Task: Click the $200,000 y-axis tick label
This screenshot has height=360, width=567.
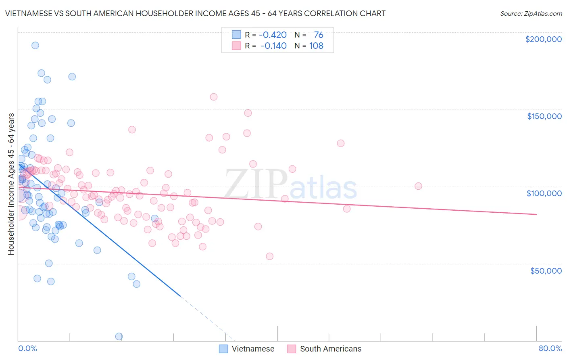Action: pos(543,39)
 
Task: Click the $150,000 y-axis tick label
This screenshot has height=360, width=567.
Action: pos(544,116)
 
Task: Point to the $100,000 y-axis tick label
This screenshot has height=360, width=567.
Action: pos(544,193)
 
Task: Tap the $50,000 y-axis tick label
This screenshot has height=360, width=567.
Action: pos(546,271)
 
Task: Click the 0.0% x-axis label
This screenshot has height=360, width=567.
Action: pos(27,349)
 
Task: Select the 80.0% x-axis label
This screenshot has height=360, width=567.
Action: pos(550,349)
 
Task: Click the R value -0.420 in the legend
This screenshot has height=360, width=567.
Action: pos(273,35)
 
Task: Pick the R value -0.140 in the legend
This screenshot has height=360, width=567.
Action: pos(273,46)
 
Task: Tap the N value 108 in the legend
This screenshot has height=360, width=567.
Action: pos(316,46)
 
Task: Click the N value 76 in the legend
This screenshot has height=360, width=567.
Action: pos(319,35)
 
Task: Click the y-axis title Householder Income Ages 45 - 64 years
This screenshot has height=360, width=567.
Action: pos(11,184)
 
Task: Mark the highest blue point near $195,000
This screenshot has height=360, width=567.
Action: pos(35,46)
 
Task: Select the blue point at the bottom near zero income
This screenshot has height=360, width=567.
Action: pos(119,337)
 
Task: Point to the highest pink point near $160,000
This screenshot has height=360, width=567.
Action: pos(214,97)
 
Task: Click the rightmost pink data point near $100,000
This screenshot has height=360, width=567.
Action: pos(418,186)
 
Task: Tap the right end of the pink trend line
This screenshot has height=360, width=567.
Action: pos(537,214)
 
